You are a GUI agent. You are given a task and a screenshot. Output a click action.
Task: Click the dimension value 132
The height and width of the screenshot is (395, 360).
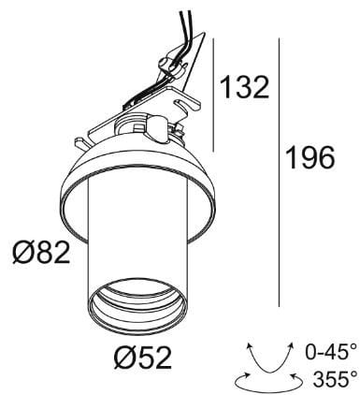244,87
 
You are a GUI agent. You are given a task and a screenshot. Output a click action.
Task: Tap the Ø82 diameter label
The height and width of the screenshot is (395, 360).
40,252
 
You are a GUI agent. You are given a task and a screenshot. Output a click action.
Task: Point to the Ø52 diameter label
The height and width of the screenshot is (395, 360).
142,357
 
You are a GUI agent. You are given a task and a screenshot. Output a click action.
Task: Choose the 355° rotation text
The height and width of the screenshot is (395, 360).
332,379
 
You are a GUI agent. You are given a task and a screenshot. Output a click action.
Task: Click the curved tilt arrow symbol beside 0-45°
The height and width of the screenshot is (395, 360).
267,354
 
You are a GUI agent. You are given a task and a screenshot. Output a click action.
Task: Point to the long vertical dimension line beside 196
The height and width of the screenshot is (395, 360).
281,173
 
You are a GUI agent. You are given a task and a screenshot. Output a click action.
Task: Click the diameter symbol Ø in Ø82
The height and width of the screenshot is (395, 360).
22,252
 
